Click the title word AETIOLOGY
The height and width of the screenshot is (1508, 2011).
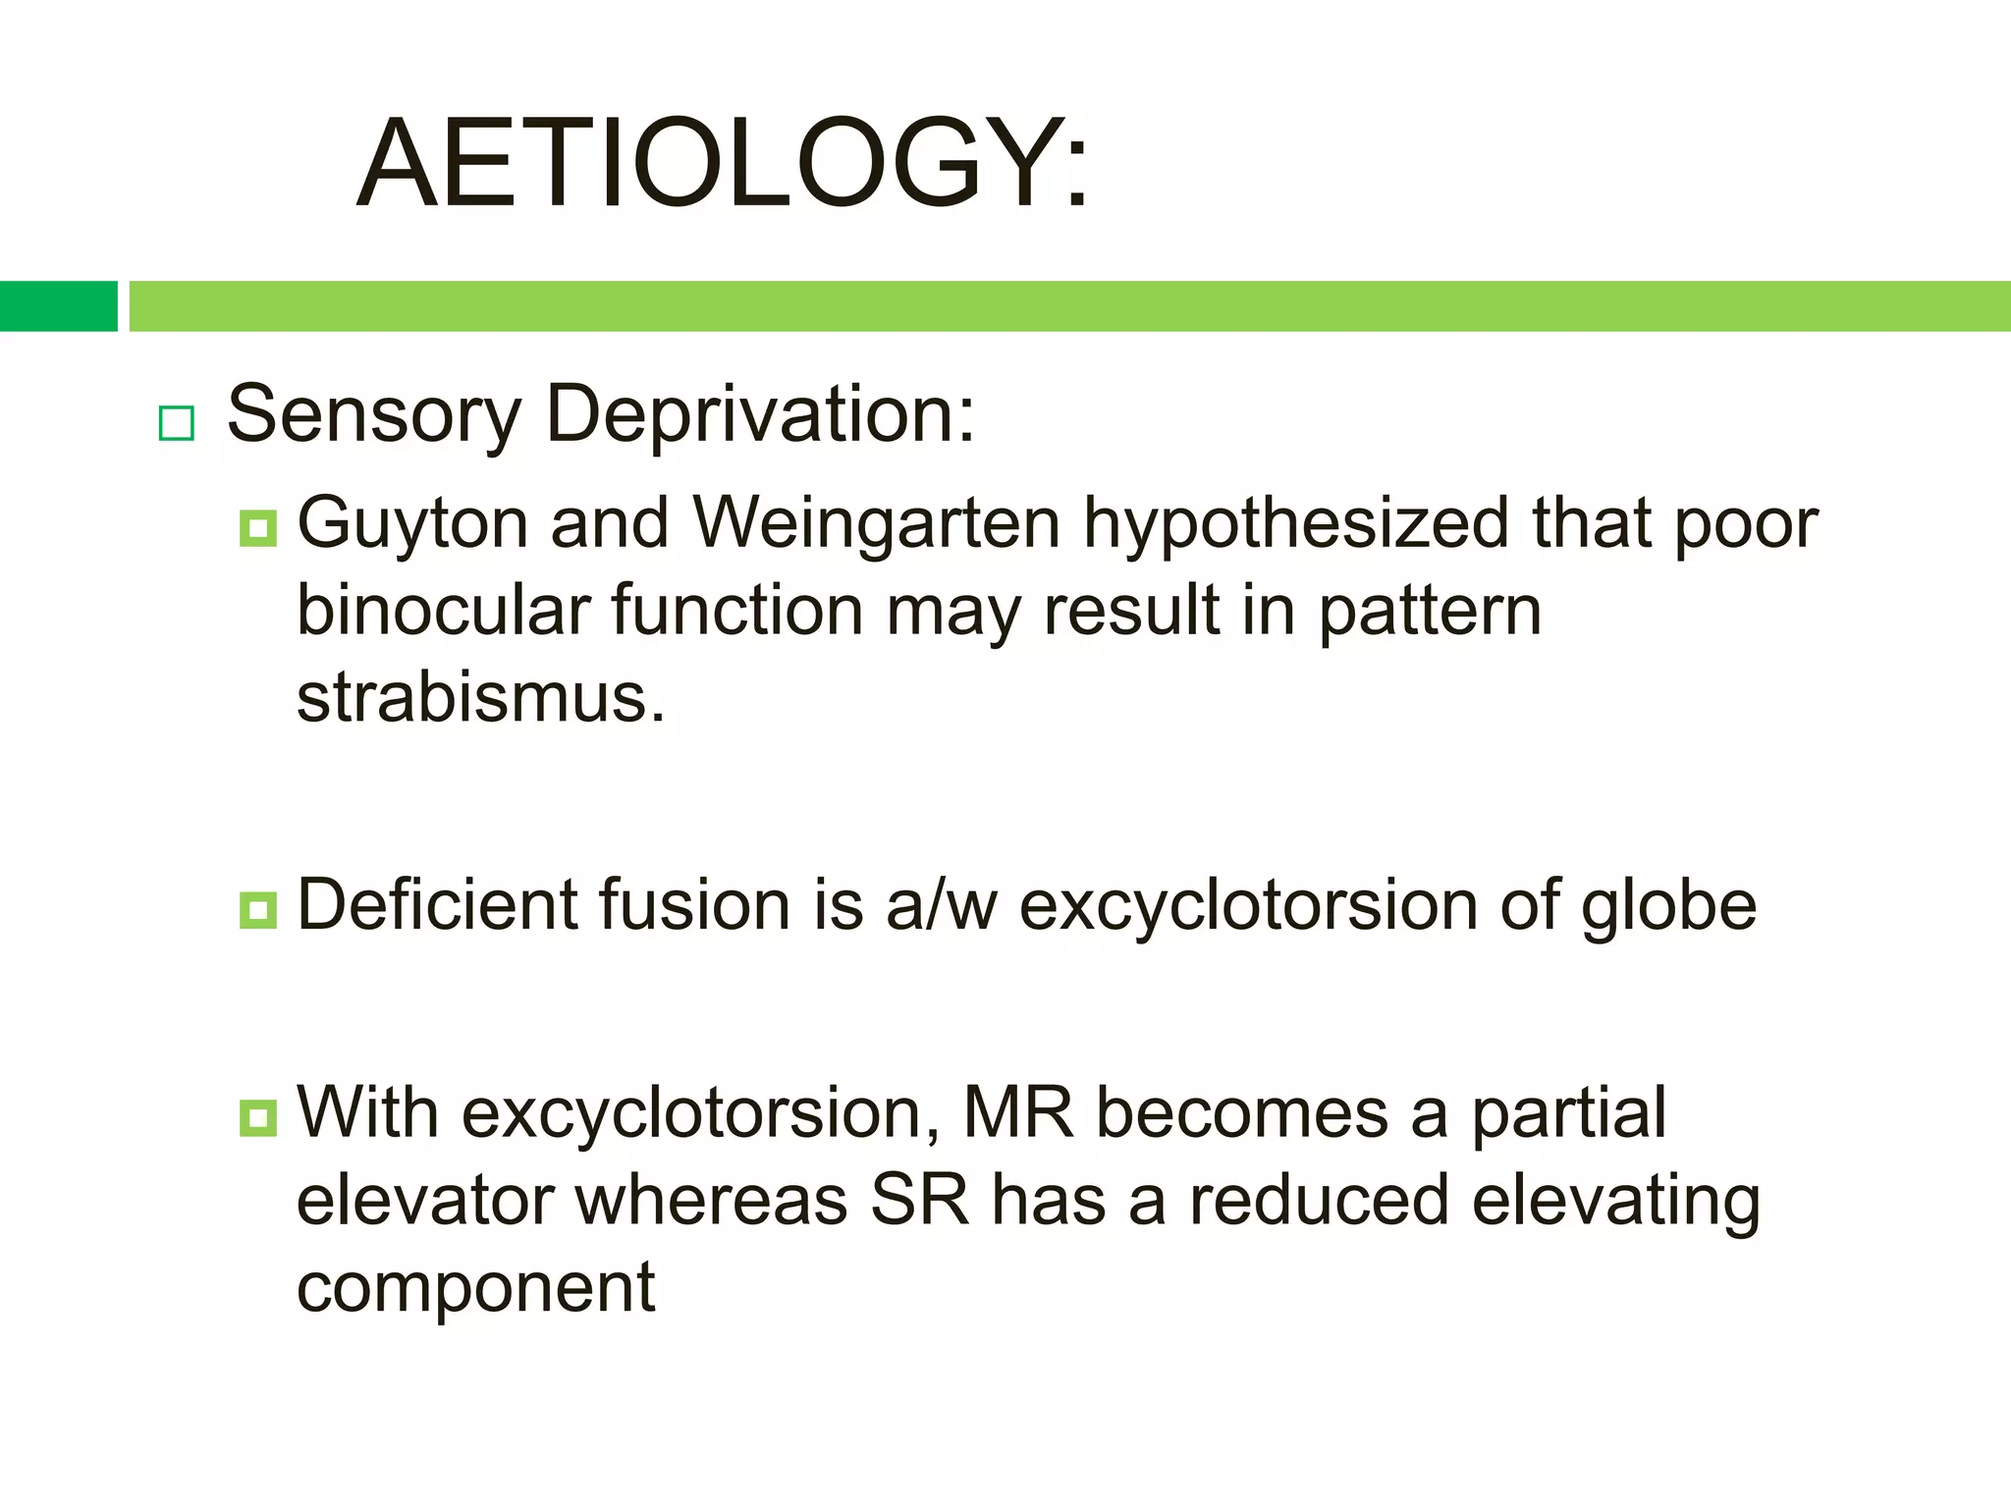[x=723, y=165]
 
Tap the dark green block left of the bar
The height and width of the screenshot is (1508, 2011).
[x=58, y=306]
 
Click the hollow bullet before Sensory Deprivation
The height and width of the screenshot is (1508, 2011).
[x=177, y=423]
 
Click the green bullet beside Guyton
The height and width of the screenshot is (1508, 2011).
[x=257, y=528]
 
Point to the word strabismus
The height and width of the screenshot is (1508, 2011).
[x=480, y=698]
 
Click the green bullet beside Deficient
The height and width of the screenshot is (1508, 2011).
[x=257, y=910]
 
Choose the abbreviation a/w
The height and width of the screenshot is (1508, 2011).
[x=941, y=906]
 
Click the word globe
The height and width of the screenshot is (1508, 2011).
[x=1668, y=906]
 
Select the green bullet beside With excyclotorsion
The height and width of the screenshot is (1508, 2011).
[x=257, y=1118]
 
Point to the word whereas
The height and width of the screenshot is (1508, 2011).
[x=711, y=1200]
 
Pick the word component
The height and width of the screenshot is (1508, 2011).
[x=475, y=1289]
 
